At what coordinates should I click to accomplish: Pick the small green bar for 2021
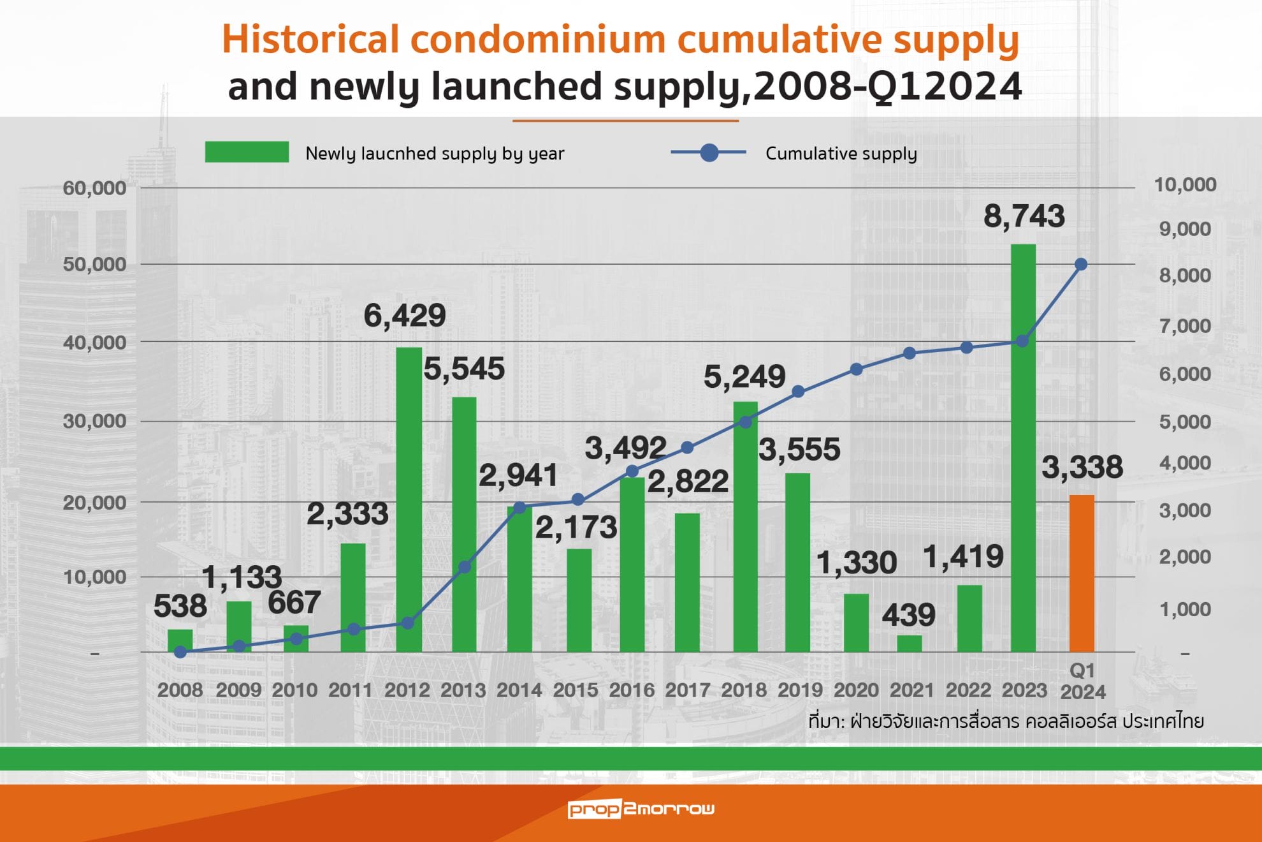[x=910, y=643]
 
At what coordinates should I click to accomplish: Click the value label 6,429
[x=405, y=316]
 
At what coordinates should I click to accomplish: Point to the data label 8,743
[x=1024, y=216]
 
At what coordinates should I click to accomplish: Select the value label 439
[x=908, y=615]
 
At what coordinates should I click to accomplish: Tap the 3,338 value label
[x=1082, y=467]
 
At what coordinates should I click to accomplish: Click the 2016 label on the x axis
[x=632, y=690]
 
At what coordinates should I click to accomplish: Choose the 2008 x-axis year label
[x=180, y=690]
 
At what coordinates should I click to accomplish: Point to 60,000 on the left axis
[x=94, y=188]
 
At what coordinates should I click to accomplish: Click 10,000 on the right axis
[x=1185, y=185]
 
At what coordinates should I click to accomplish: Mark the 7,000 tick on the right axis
[x=1185, y=326]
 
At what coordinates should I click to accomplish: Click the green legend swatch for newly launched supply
[x=247, y=152]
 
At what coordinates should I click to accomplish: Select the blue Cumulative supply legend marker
[x=709, y=153]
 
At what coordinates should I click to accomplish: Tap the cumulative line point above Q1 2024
[x=1081, y=264]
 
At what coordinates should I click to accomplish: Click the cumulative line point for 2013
[x=465, y=567]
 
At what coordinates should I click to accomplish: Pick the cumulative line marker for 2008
[x=180, y=652]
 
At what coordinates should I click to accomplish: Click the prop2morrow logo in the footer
[x=641, y=809]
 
